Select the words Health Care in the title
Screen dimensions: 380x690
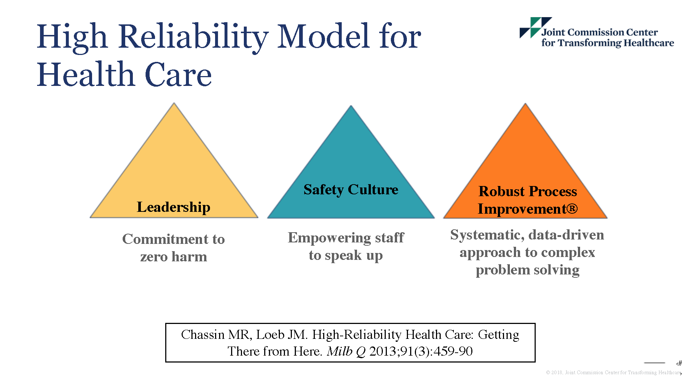tap(124, 75)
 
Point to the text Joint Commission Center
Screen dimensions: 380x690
tap(599, 32)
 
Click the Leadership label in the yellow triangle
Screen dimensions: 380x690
tap(174, 207)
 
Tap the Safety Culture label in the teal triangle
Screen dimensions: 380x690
tap(351, 190)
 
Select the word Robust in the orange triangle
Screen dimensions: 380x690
tap(501, 191)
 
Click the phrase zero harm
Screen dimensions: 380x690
tap(174, 257)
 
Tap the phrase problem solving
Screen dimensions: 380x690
tap(527, 270)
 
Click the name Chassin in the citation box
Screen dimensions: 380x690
tap(203, 335)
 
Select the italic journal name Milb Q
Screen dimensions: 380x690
tap(346, 351)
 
